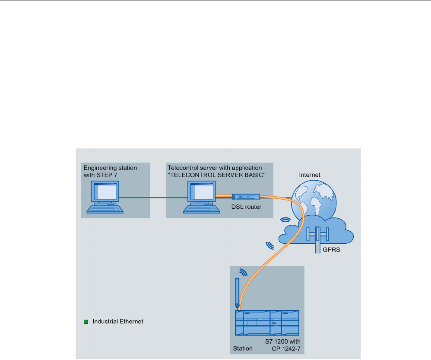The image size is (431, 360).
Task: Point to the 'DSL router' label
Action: [246, 207]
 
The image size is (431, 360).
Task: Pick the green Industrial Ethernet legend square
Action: [86, 322]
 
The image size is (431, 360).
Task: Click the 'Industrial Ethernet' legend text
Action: [117, 322]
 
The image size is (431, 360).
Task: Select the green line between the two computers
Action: [153, 198]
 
